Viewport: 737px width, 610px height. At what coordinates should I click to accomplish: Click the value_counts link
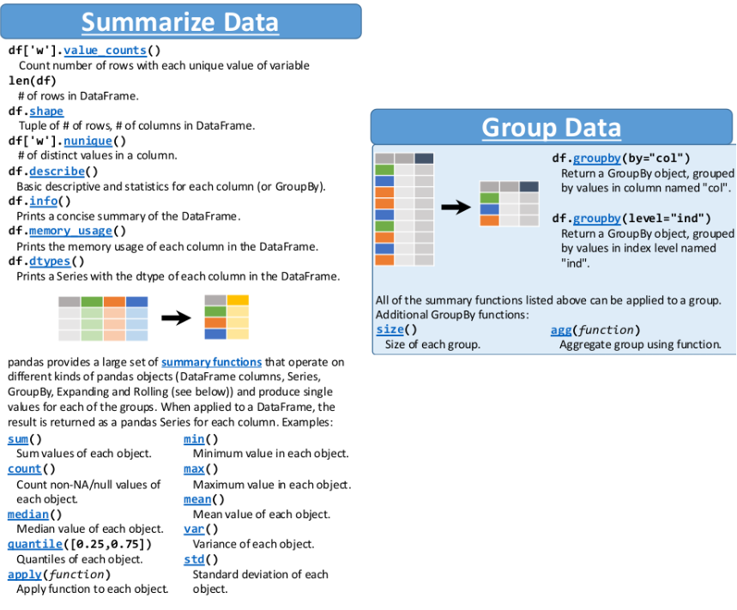point(106,51)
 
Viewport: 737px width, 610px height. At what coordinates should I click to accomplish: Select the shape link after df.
point(46,112)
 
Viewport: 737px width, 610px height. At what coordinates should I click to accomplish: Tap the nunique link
point(88,141)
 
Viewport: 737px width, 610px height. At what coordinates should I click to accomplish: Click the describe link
point(57,171)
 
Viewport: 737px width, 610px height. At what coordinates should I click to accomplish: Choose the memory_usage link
point(70,231)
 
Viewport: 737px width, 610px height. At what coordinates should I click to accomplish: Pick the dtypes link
point(50,262)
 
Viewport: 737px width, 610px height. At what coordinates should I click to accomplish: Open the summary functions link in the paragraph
point(212,362)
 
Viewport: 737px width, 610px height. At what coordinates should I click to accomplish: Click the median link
point(28,515)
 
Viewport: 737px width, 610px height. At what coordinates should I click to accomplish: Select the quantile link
point(35,544)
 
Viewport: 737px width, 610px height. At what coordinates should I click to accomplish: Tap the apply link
point(24,575)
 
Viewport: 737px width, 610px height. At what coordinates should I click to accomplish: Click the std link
point(194,559)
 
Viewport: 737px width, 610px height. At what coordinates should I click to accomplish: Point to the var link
point(194,529)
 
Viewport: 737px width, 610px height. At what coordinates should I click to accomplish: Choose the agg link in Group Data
point(561,330)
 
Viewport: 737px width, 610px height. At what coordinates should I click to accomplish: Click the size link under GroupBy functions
point(390,329)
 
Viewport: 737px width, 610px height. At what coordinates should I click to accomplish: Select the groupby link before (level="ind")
point(597,219)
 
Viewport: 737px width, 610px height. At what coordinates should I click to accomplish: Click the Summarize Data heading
point(180,22)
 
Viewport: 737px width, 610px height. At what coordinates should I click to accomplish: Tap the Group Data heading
point(552,127)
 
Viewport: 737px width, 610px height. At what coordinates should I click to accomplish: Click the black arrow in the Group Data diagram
point(456,207)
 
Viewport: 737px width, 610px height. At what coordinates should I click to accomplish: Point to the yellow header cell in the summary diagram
point(238,300)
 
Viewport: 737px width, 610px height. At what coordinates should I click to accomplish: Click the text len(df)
point(33,81)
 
